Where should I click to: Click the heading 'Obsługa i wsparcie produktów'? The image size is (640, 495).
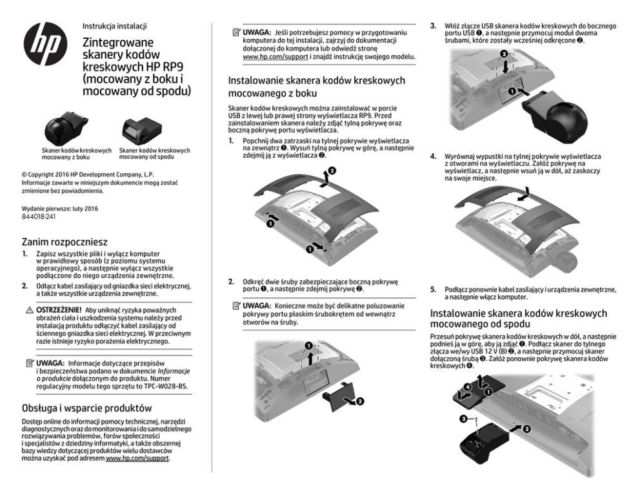coord(87,408)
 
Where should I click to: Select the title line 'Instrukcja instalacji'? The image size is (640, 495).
coord(115,26)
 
